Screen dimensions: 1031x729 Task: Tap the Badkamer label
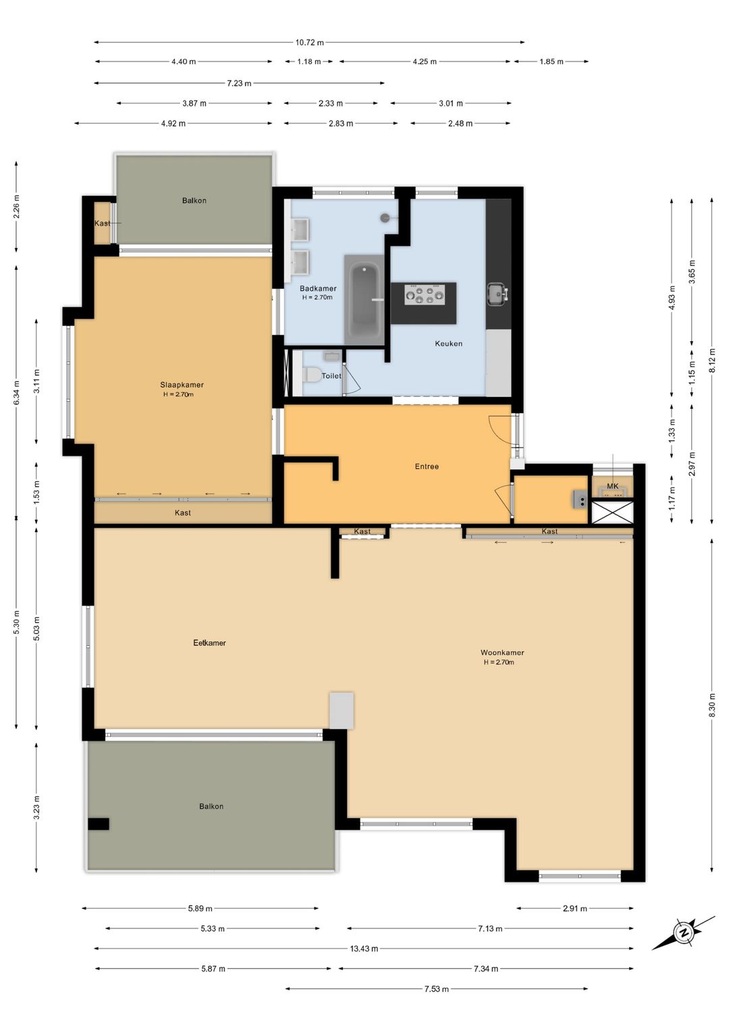(318, 288)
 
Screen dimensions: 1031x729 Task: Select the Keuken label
(448, 344)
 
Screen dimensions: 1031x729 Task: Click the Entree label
(427, 467)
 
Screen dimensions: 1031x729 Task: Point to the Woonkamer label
(502, 653)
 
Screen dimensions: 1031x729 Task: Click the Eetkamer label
(209, 643)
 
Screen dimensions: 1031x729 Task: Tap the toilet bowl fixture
(311, 375)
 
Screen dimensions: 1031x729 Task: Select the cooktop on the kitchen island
(424, 295)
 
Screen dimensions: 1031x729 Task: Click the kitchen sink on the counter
(497, 294)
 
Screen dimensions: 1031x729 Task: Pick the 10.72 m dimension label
(309, 43)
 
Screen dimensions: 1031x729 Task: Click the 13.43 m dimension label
(364, 949)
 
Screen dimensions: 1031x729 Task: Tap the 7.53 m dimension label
(436, 989)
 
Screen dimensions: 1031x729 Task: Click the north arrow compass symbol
(684, 933)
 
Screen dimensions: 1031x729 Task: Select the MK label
(612, 486)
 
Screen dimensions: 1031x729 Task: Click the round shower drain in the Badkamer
(385, 218)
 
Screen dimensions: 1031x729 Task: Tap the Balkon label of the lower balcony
(211, 806)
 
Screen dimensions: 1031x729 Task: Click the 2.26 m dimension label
(17, 206)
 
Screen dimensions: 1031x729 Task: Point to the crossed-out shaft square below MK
(612, 512)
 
